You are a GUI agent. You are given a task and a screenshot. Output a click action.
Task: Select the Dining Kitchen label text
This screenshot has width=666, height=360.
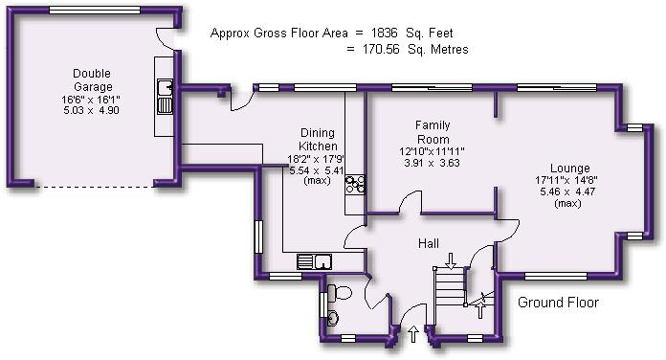(318, 141)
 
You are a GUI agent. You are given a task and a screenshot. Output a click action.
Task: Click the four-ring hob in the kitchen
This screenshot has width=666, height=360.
(355, 184)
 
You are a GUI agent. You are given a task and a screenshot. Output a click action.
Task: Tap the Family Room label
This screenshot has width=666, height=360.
(433, 132)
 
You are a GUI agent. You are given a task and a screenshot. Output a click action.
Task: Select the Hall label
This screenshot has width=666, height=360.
(428, 244)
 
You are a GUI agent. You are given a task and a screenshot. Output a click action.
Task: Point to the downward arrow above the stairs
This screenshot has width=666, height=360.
(450, 258)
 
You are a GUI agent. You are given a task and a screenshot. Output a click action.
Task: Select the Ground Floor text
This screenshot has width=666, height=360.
(558, 303)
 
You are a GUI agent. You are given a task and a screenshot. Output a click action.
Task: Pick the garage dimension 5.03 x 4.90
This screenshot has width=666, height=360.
(92, 109)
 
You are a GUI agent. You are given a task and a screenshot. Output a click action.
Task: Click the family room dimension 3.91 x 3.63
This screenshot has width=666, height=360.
(433, 163)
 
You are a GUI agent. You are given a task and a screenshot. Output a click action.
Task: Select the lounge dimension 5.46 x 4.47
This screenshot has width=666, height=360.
(568, 191)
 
